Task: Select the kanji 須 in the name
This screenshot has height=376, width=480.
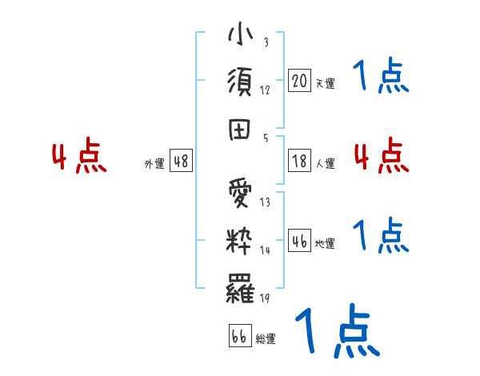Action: [x=240, y=82]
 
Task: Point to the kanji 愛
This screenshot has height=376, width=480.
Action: [x=240, y=194]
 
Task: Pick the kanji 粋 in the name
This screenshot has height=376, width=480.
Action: [x=240, y=239]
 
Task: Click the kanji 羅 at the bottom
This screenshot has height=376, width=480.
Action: [x=240, y=286]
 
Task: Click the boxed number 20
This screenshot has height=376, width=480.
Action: [x=300, y=81]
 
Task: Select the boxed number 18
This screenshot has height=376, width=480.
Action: [x=300, y=161]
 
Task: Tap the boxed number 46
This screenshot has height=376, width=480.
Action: [x=300, y=241]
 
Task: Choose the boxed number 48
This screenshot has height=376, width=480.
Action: [x=181, y=161]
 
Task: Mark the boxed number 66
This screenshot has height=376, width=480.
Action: [x=239, y=335]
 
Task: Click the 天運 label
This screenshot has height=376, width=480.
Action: [x=325, y=83]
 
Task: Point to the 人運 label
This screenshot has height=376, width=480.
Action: [x=325, y=163]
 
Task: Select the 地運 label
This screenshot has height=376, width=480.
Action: [x=325, y=244]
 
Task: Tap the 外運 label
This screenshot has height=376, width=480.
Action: [x=154, y=163]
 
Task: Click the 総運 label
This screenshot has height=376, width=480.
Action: [x=265, y=338]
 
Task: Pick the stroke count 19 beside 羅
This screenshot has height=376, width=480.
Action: [x=265, y=298]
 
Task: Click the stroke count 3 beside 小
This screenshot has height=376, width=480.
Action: [x=265, y=42]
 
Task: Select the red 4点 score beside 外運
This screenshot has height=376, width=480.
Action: [x=79, y=157]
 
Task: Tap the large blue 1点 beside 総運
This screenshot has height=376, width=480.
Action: [x=337, y=332]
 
